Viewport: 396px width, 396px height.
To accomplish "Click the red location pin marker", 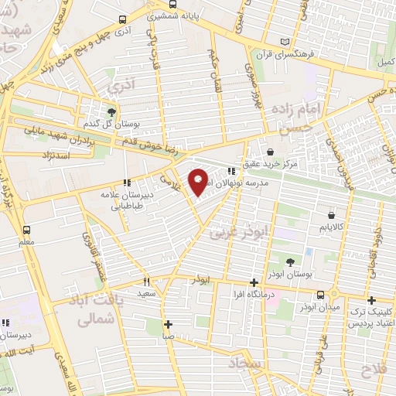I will click(x=198, y=182).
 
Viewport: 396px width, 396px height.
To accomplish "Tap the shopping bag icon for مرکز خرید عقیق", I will click(x=270, y=152).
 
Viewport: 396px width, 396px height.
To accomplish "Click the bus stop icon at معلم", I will click(x=27, y=230).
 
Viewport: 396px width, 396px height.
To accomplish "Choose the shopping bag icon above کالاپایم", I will click(x=331, y=215).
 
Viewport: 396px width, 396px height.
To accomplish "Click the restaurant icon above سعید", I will click(x=146, y=282).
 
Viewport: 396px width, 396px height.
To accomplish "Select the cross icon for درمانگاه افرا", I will click(x=254, y=283).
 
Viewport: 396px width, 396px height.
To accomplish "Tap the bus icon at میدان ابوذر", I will click(x=320, y=294).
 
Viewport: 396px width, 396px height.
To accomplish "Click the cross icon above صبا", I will click(x=168, y=324).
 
